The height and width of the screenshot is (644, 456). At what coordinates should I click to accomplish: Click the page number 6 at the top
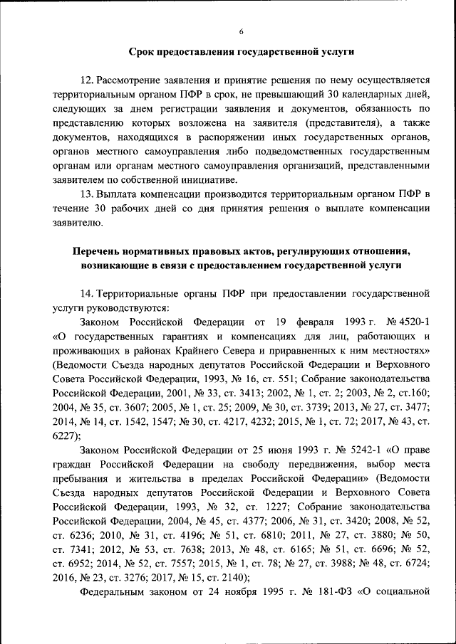[x=241, y=31]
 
